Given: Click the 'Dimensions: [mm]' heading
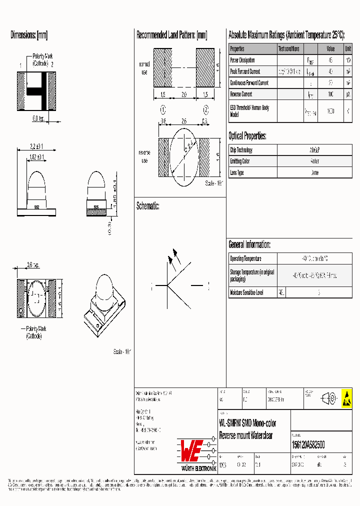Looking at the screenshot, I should pyautogui.click(x=29, y=35).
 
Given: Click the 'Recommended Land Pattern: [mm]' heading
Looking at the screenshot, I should pyautogui.click(x=171, y=35).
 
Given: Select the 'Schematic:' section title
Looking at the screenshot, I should pyautogui.click(x=147, y=206).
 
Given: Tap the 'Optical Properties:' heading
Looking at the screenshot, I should pyautogui.click(x=247, y=136).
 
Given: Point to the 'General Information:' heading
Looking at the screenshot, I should pyautogui.click(x=249, y=244).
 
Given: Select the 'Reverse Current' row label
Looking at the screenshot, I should pyautogui.click(x=241, y=94).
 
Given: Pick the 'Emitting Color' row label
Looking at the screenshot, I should pyautogui.click(x=240, y=161).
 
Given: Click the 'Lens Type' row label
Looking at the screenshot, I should pyautogui.click(x=237, y=172).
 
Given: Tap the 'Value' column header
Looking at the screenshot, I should pyautogui.click(x=330, y=49).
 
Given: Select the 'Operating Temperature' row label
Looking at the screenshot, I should pyautogui.click(x=245, y=258).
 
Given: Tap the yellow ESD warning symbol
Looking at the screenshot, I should pyautogui.click(x=346, y=398).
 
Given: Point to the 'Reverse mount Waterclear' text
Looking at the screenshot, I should pyautogui.click(x=246, y=435).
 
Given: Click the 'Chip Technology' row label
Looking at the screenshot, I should pyautogui.click(x=241, y=150).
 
